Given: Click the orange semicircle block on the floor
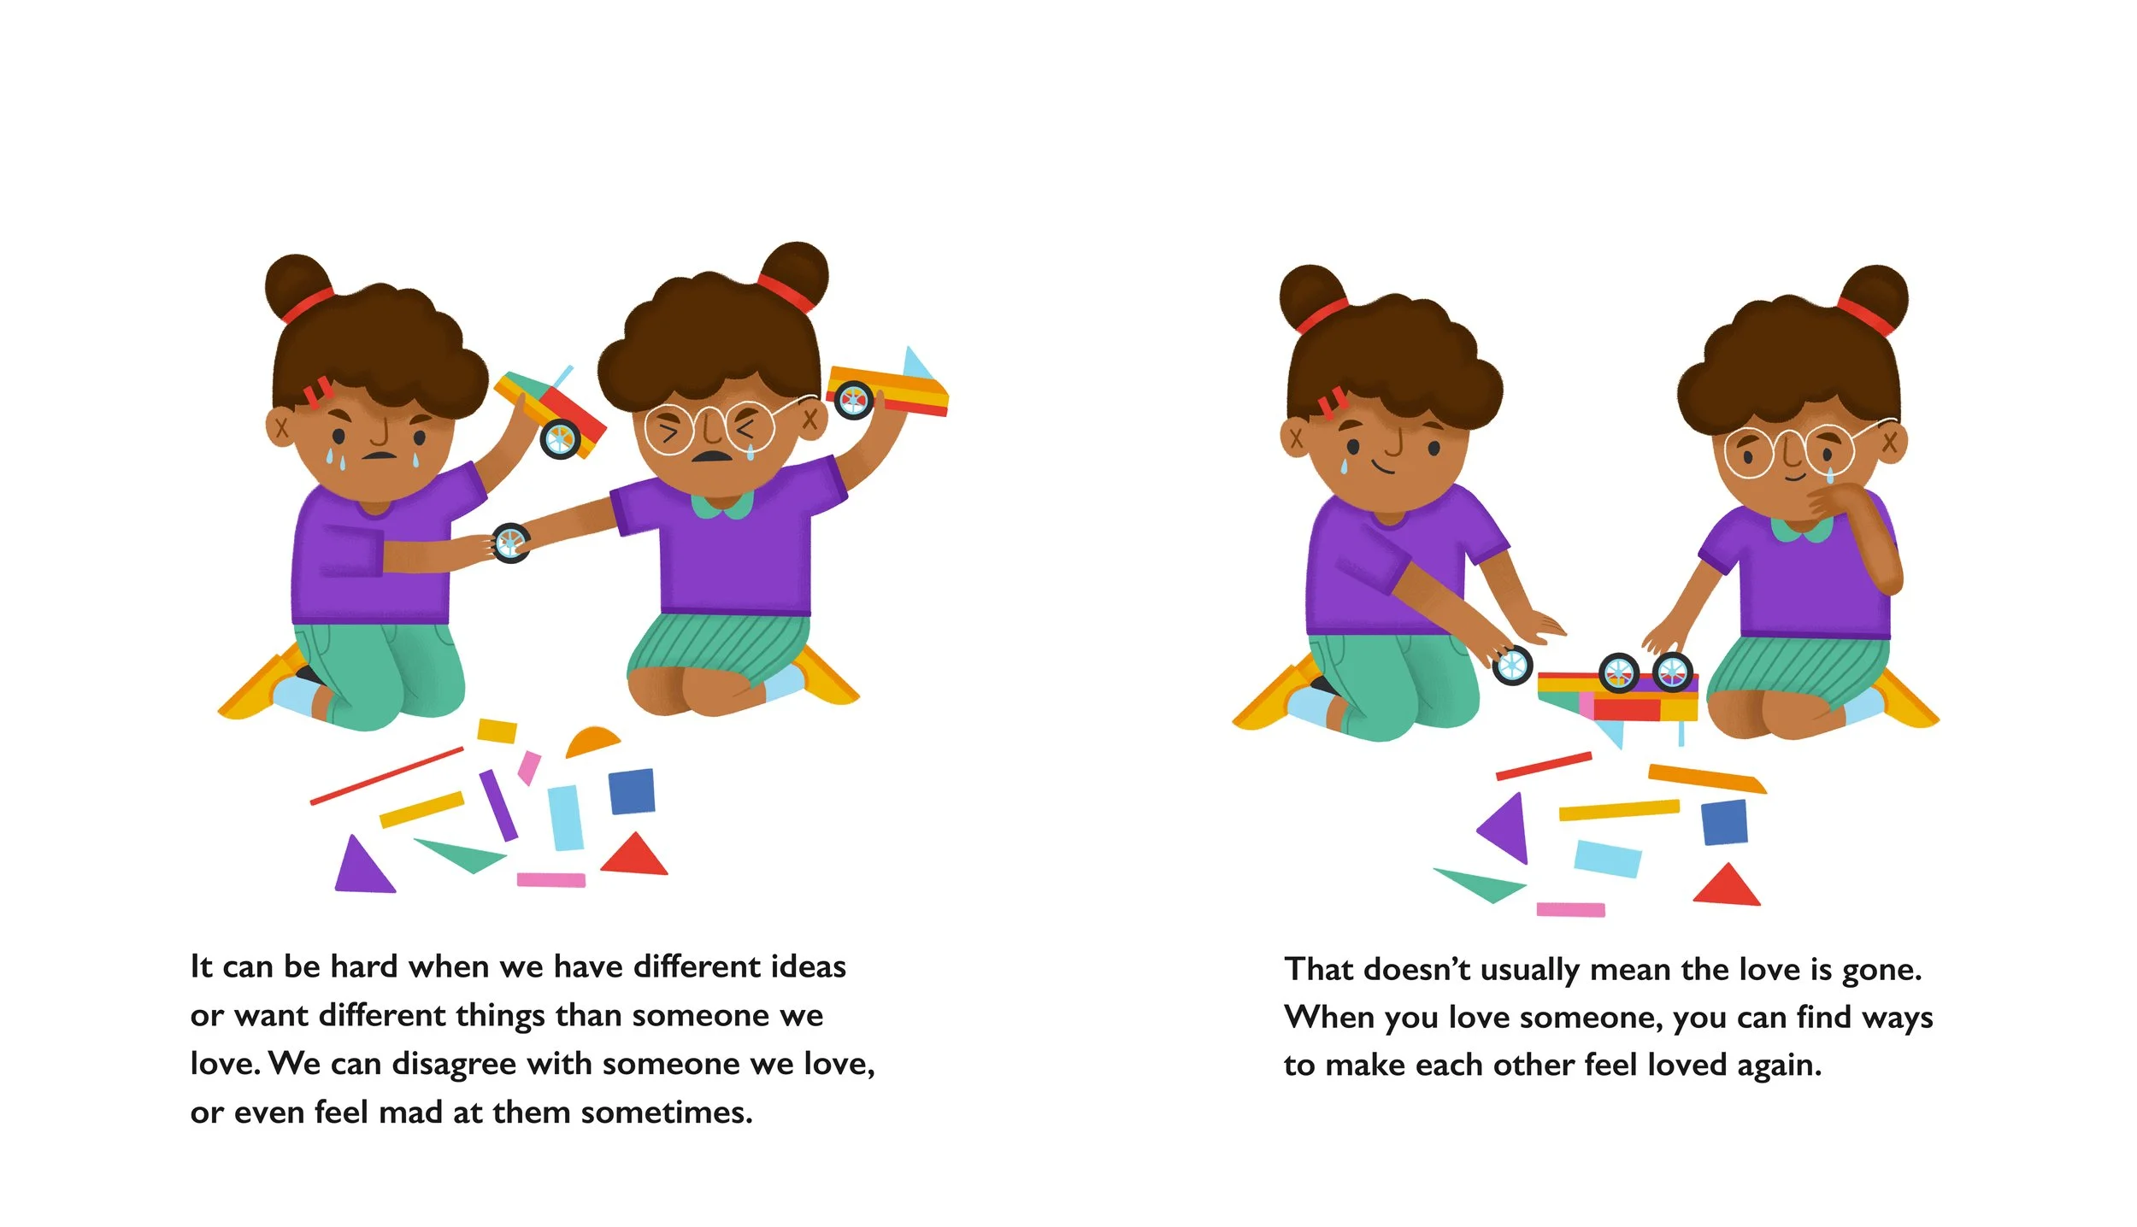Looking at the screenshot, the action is pyautogui.click(x=592, y=743).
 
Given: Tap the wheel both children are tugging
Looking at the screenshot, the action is pyautogui.click(x=511, y=543).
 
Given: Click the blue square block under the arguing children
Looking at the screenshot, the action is pyautogui.click(x=633, y=791).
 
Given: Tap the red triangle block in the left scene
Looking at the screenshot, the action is pyautogui.click(x=634, y=855).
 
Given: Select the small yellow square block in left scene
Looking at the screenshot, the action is pyautogui.click(x=497, y=731).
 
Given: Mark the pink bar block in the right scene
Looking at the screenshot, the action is pyautogui.click(x=1570, y=910).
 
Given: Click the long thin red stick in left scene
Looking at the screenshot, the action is pyautogui.click(x=386, y=776).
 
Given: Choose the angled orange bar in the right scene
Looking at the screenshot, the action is pyautogui.click(x=1707, y=778).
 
